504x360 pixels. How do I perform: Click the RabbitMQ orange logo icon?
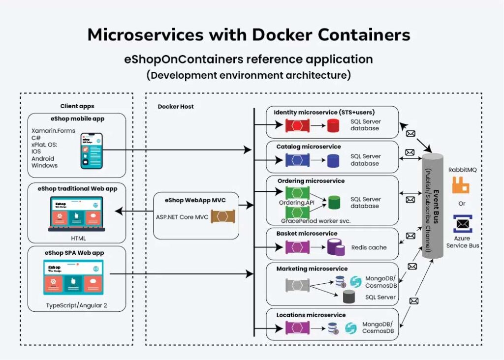pos(461,185)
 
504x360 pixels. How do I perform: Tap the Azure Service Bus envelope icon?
pos(463,224)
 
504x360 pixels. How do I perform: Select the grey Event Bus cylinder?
pos(433,206)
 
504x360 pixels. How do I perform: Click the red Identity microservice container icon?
pos(297,126)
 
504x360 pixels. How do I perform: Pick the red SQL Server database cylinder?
pos(333,126)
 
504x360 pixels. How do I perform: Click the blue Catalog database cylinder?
pos(333,160)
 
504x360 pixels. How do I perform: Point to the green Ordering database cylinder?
pos(335,202)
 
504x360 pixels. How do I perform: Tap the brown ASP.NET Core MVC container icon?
pos(222,217)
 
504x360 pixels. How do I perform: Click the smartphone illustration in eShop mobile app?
pos(92,151)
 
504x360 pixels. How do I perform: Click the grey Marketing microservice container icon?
pos(297,284)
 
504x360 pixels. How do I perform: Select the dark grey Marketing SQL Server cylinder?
pos(349,297)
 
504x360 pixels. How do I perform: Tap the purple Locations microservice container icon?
pos(297,327)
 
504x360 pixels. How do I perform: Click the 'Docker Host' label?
pos(176,107)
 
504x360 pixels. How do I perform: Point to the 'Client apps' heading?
pos(77,106)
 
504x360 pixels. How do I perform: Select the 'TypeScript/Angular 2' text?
pos(76,305)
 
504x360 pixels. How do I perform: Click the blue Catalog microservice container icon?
pos(297,160)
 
